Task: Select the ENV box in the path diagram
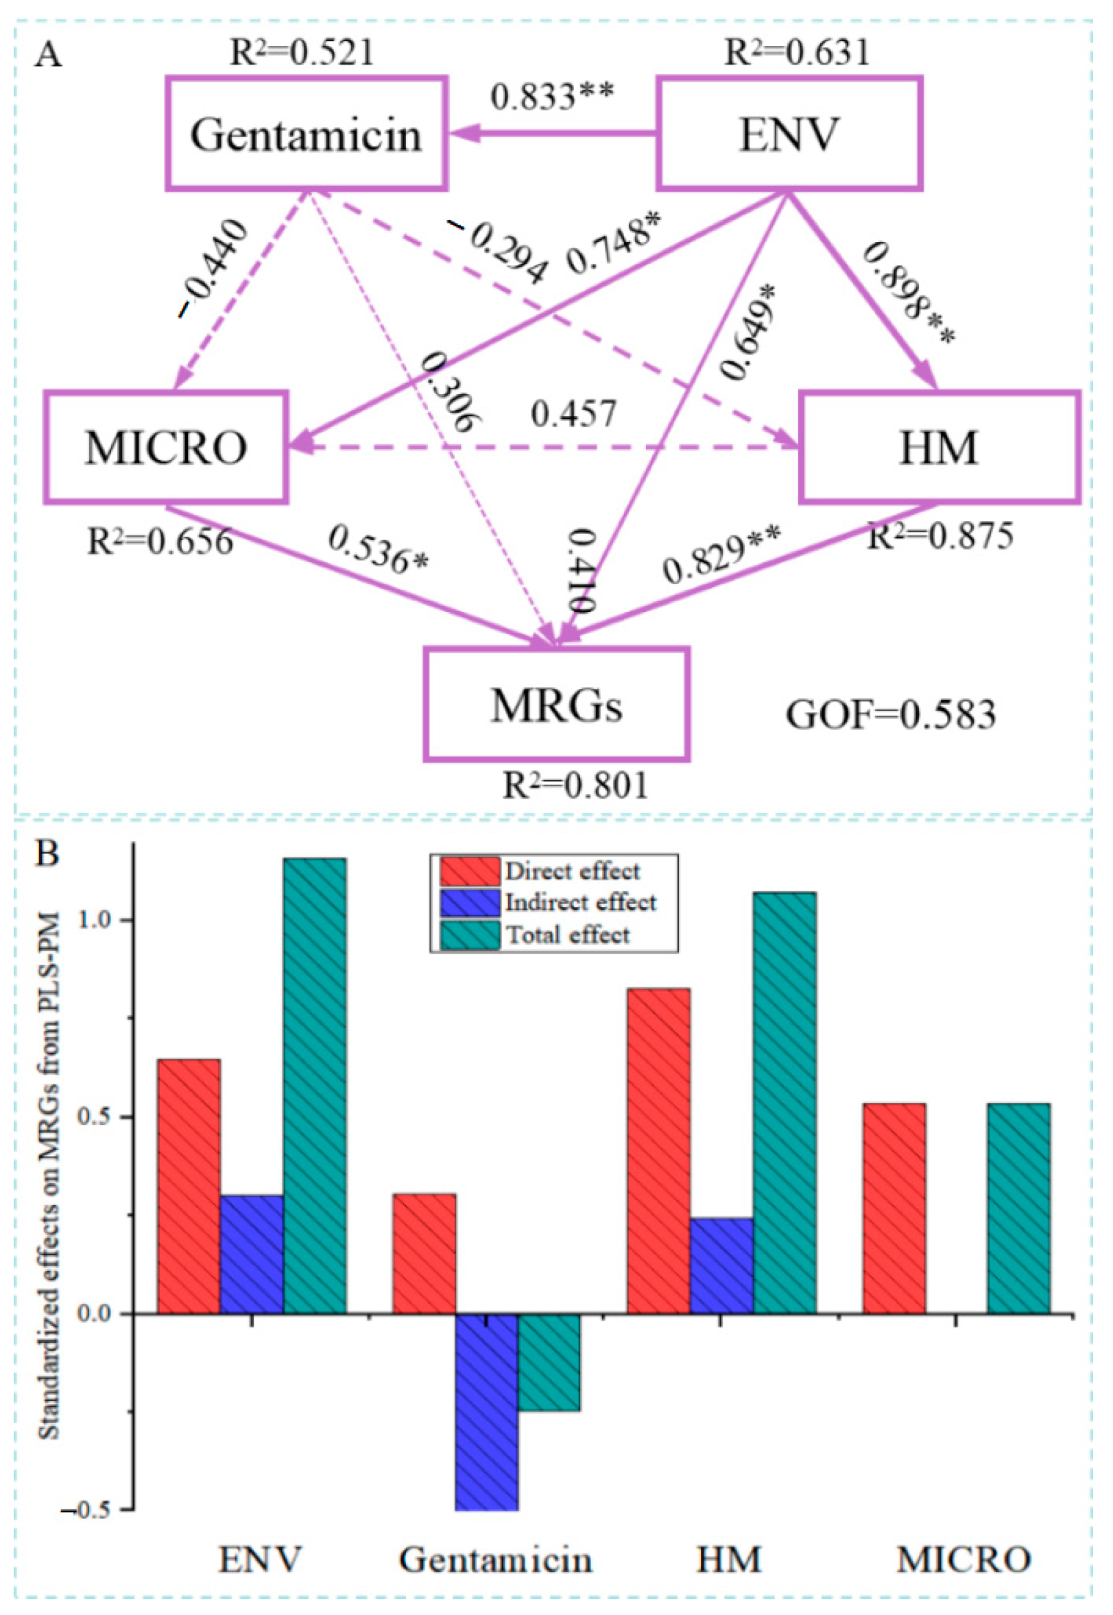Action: coord(789,134)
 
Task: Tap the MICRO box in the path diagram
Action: coord(166,447)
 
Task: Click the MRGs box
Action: coord(557,705)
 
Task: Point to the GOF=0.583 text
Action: coord(891,714)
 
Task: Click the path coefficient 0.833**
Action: coord(551,96)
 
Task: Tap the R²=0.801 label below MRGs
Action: coord(575,786)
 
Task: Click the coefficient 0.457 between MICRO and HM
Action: coord(573,413)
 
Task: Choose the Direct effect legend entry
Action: coord(572,871)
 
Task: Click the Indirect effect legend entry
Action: coord(580,903)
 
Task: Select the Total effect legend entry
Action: coord(568,934)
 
